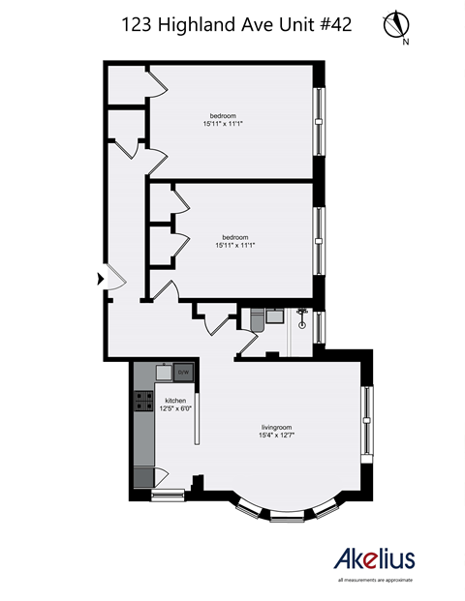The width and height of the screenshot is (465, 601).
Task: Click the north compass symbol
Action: click(x=398, y=26)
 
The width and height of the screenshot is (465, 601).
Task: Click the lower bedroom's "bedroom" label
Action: click(x=234, y=237)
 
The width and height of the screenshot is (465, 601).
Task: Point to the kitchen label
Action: click(x=175, y=400)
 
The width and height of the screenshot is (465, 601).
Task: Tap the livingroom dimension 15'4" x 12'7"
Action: click(x=276, y=435)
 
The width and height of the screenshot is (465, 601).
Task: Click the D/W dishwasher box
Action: click(x=184, y=372)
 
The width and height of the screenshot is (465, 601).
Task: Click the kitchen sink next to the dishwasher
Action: click(x=164, y=371)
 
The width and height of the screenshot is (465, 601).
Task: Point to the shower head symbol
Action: click(x=302, y=314)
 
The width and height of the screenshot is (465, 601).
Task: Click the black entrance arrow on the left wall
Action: click(x=100, y=279)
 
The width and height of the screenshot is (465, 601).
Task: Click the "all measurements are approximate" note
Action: click(x=375, y=580)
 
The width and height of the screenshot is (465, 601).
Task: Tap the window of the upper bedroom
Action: click(x=319, y=121)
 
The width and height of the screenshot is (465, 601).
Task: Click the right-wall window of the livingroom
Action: click(x=367, y=420)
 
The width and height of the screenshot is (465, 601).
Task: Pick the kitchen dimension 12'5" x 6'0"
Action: click(x=175, y=407)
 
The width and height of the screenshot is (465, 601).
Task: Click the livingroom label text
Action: click(x=276, y=427)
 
